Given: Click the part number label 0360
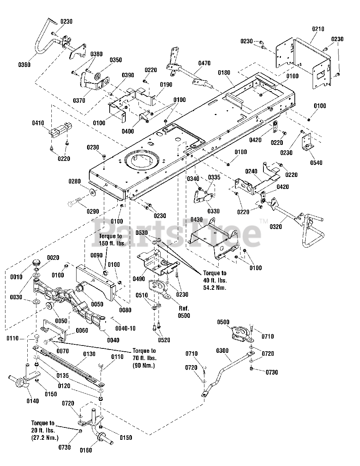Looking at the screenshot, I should [24, 65].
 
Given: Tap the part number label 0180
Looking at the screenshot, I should [224, 73].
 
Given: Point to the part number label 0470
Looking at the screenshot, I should [204, 63].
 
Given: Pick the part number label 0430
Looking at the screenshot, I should [197, 220].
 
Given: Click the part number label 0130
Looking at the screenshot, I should [89, 354].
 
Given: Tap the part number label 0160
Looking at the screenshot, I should [86, 450].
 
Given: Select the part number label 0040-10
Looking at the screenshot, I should [126, 328].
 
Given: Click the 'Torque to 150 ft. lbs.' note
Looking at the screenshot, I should [112, 240].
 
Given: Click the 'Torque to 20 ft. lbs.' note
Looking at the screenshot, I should [45, 430].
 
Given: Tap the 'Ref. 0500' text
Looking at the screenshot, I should [184, 312].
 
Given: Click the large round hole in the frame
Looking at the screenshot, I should [141, 160].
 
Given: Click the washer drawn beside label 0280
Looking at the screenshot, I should [92, 192].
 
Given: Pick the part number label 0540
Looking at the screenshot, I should [316, 163].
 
